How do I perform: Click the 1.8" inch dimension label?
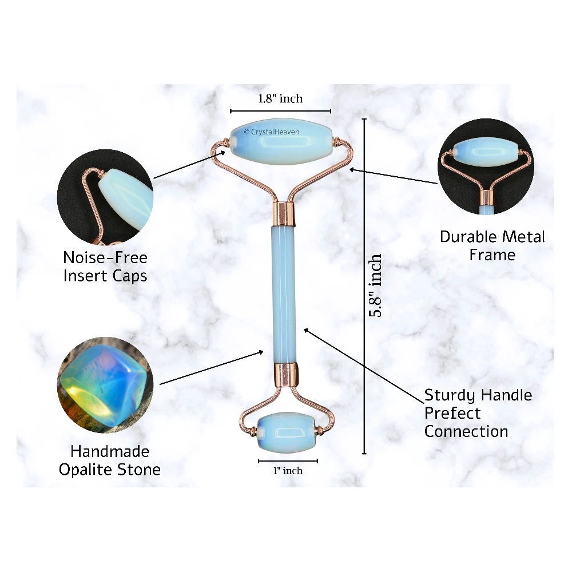tap(280, 98)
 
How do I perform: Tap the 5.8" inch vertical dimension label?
tap(375, 286)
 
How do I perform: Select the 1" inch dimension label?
tap(288, 471)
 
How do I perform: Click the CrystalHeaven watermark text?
tap(272, 132)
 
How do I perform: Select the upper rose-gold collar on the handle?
tap(284, 213)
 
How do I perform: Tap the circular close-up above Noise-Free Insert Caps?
tap(105, 197)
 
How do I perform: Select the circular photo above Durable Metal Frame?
tap(485, 166)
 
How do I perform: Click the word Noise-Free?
tap(105, 258)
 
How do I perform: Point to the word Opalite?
tap(89, 470)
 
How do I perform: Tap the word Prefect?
tap(452, 413)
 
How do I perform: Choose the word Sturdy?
tap(450, 395)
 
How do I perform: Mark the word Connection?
tap(466, 431)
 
